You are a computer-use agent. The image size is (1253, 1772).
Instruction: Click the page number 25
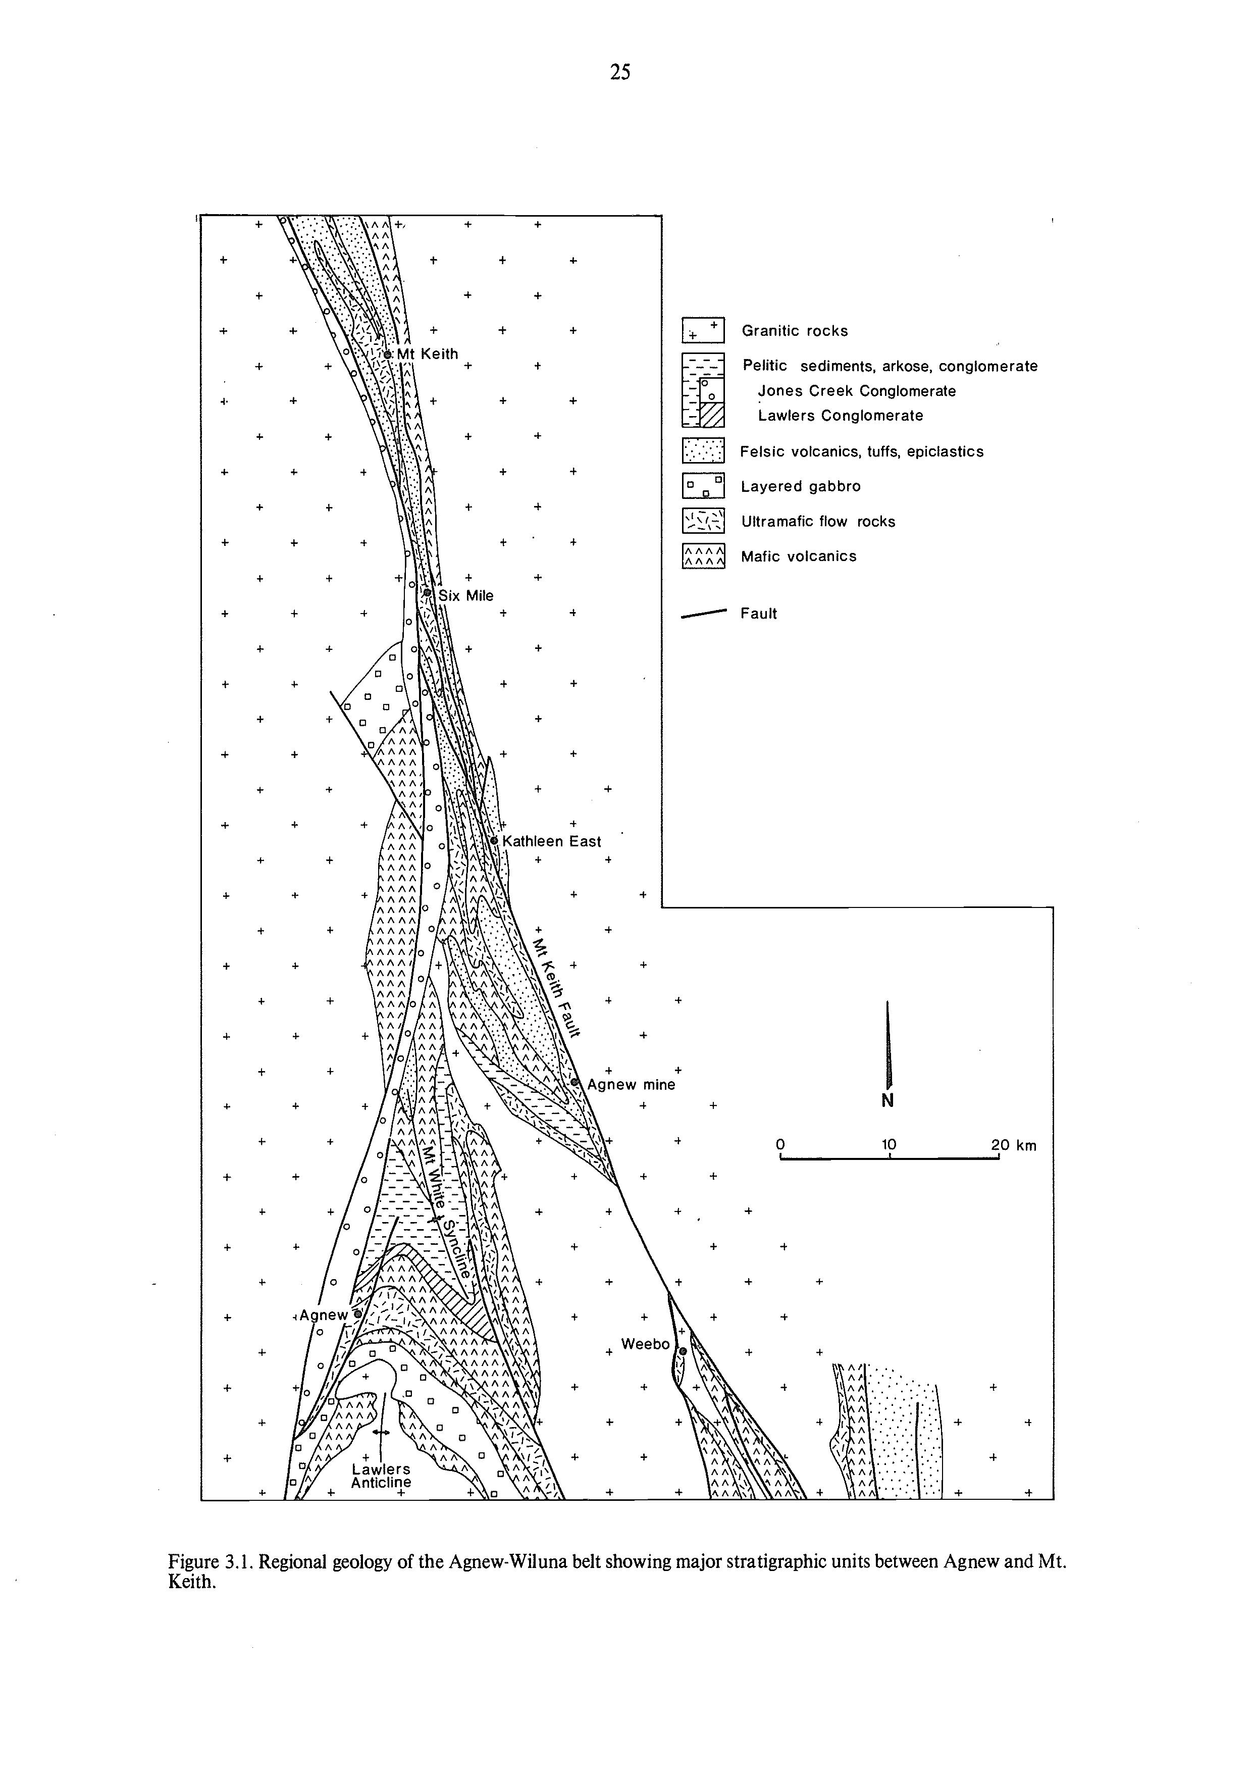tap(619, 73)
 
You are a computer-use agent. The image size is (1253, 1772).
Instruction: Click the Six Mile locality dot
tap(427, 593)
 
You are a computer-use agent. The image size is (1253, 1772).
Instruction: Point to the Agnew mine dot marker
tap(575, 1082)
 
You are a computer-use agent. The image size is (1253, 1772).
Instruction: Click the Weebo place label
tap(645, 1344)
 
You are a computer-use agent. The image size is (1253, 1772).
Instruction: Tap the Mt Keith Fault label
tap(556, 989)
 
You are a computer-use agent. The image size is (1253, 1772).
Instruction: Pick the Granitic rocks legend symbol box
tap(703, 330)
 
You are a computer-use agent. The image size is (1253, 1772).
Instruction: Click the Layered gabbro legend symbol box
tap(703, 486)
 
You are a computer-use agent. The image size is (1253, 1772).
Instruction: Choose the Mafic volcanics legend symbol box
tap(703, 556)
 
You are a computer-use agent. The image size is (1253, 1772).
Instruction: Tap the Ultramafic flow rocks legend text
tap(818, 522)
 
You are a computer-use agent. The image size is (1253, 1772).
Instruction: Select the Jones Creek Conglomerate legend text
tap(856, 391)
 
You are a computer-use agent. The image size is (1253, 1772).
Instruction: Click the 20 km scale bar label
tap(1014, 1145)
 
